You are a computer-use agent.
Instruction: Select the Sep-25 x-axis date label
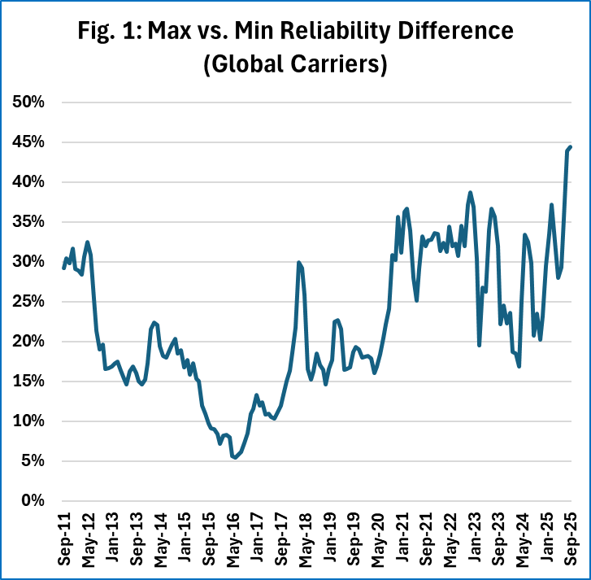[x=571, y=542]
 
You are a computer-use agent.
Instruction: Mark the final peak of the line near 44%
[x=571, y=147]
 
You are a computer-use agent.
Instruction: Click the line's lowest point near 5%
[x=235, y=458]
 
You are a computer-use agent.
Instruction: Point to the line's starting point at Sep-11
[x=63, y=268]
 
